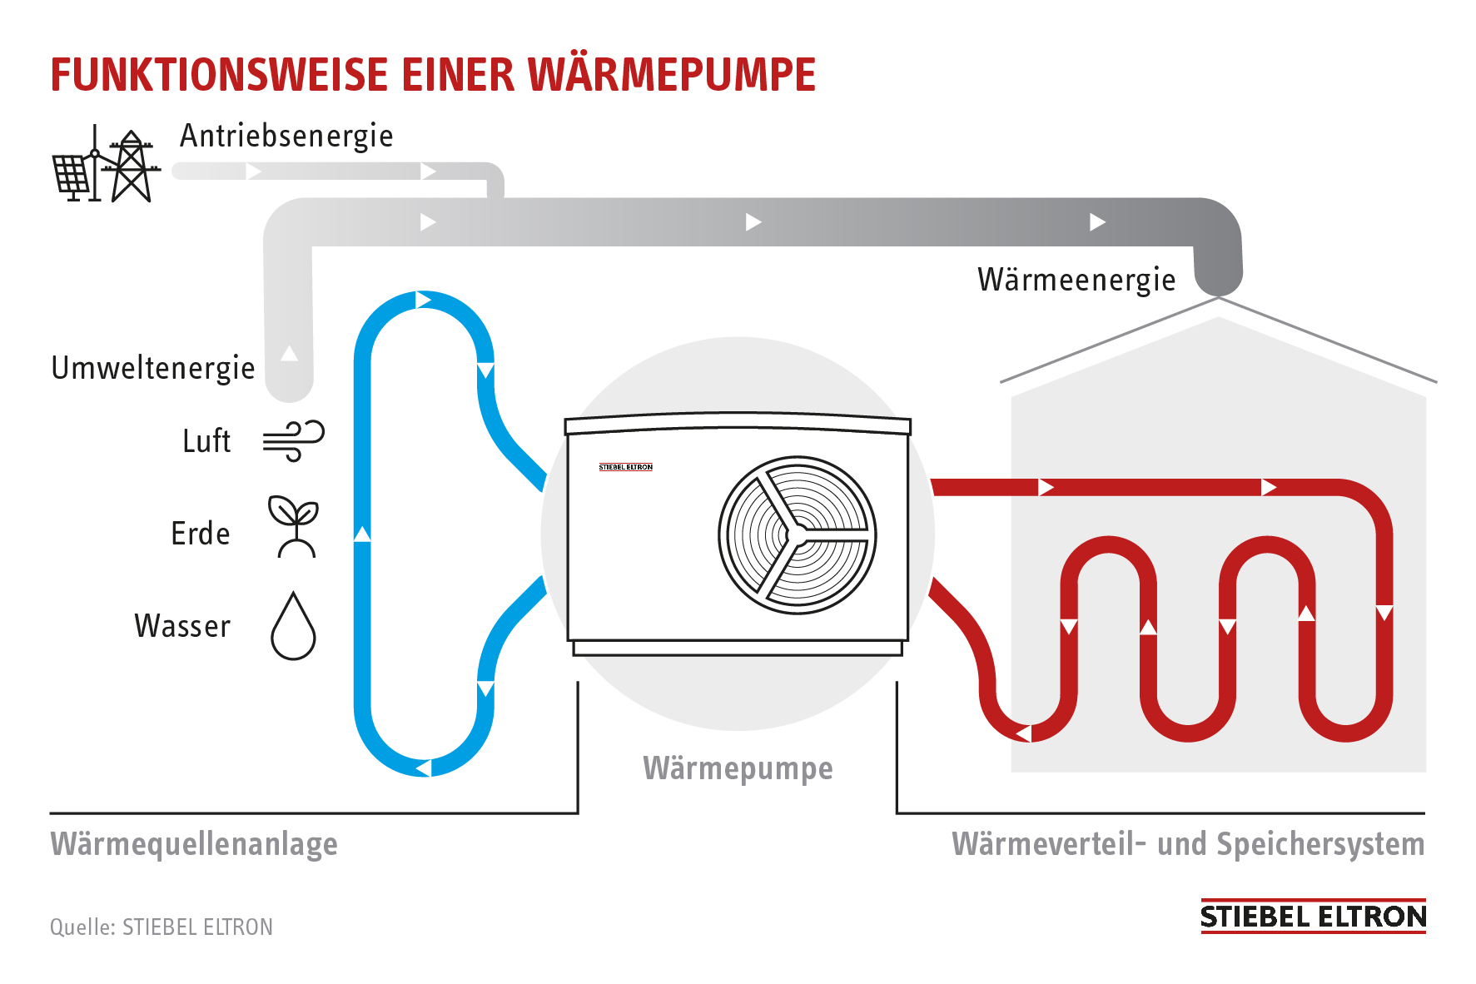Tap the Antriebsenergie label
(286, 136)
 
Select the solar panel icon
(72, 176)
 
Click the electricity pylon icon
(131, 166)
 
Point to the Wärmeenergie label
(1076, 280)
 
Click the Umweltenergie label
(153, 368)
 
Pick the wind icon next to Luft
(293, 440)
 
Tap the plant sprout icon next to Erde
(293, 527)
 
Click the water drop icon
(293, 627)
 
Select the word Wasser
(182, 626)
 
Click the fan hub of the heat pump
(797, 534)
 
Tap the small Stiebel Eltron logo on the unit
(626, 467)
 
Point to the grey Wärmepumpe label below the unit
(738, 768)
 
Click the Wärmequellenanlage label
(194, 844)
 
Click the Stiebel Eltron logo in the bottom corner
(1312, 917)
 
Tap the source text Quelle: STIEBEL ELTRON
(162, 927)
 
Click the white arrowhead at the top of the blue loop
(423, 299)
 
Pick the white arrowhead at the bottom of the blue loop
(423, 768)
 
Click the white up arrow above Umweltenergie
(289, 353)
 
